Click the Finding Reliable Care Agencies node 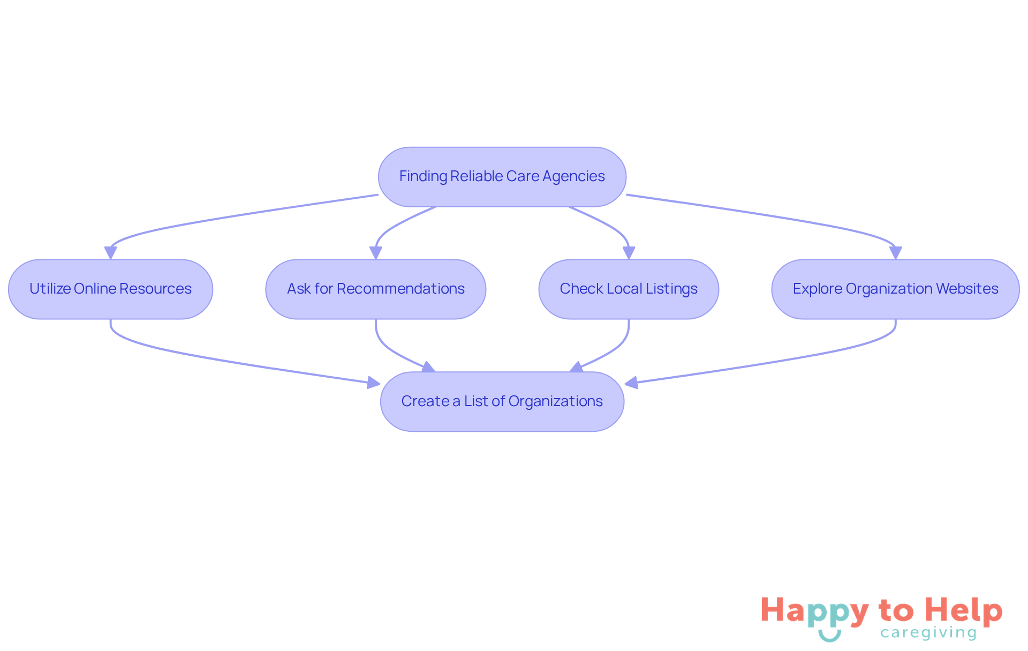(x=502, y=177)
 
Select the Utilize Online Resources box (x=110, y=289)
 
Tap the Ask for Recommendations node (x=375, y=289)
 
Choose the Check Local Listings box (x=628, y=289)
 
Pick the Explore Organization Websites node (x=895, y=289)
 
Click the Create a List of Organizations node (x=502, y=402)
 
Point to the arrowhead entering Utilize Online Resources (x=110, y=253)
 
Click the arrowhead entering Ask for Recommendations (x=376, y=253)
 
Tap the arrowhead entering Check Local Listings (x=629, y=253)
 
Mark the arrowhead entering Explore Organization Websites (x=895, y=253)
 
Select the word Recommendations (x=400, y=289)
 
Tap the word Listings (x=671, y=289)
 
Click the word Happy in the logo (x=814, y=611)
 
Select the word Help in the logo (x=964, y=610)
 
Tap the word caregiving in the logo (x=928, y=633)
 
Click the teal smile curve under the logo (x=829, y=638)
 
